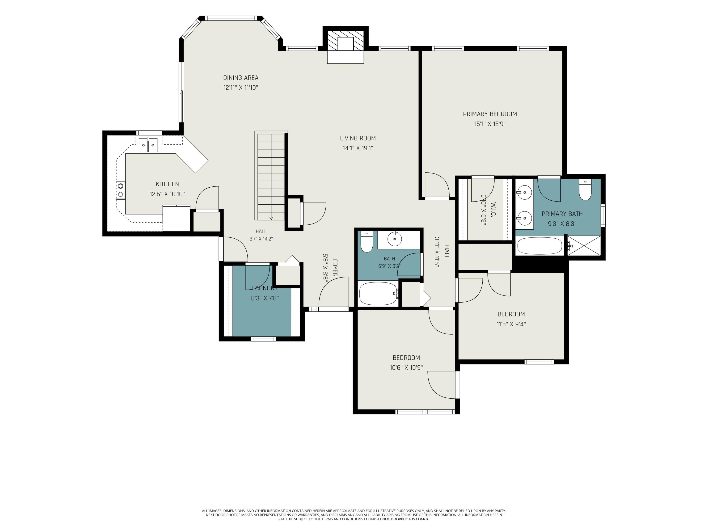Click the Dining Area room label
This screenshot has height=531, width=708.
click(x=241, y=78)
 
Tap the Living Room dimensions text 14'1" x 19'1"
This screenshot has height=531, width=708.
click(x=358, y=148)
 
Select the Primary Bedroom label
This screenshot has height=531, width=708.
click(x=490, y=114)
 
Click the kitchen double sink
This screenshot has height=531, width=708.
click(x=148, y=145)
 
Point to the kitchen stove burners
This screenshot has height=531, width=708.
click(x=121, y=190)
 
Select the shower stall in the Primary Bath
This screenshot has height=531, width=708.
click(x=584, y=245)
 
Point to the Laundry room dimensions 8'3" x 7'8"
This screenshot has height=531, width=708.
click(x=265, y=298)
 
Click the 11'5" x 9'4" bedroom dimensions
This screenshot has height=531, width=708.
click(x=511, y=324)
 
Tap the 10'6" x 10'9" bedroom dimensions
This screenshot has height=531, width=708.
click(x=406, y=368)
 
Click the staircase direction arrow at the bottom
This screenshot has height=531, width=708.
click(x=271, y=218)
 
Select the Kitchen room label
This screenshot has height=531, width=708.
click(x=167, y=184)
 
